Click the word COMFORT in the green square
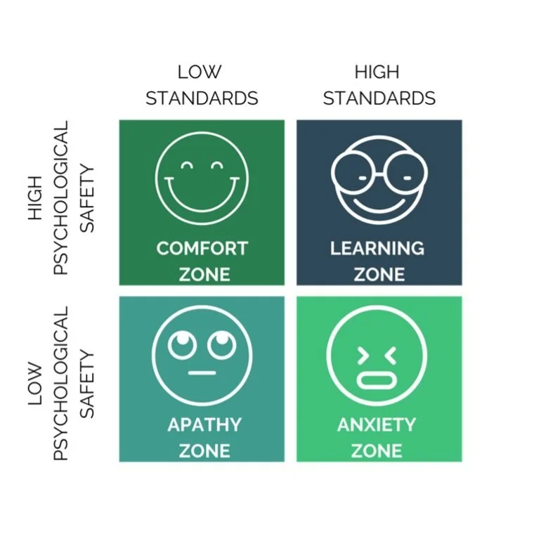coord(202,249)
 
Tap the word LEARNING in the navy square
coord(377,249)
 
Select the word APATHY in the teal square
coord(204,425)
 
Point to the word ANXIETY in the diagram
coord(377,425)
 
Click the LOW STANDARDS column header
coord(202,85)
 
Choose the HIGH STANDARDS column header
coord(379,85)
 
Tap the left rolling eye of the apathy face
coord(182,344)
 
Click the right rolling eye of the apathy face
coord(220,344)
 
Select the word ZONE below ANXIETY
coord(378,450)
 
